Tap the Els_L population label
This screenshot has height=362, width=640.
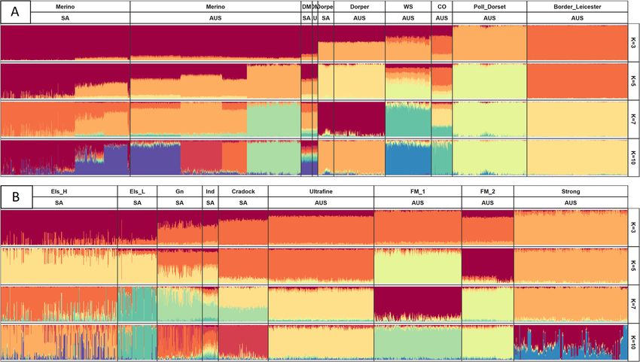pyautogui.click(x=137, y=192)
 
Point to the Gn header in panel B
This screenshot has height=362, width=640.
pyautogui.click(x=179, y=192)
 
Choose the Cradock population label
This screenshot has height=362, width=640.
pyautogui.click(x=242, y=192)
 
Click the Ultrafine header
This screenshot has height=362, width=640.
pyautogui.click(x=320, y=192)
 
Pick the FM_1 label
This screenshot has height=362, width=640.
pyautogui.click(x=417, y=192)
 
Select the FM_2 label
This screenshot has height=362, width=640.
pyautogui.click(x=487, y=192)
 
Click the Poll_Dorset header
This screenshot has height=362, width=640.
pyautogui.click(x=489, y=6)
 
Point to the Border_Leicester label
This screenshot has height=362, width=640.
pyautogui.click(x=578, y=6)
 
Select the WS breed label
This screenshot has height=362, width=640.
pyautogui.click(x=407, y=6)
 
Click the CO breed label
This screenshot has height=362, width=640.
pyautogui.click(x=441, y=6)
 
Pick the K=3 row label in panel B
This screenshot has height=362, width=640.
pyautogui.click(x=634, y=227)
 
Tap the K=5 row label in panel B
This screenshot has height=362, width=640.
pyautogui.click(x=634, y=266)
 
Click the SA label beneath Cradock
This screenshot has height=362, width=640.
pyautogui.click(x=242, y=202)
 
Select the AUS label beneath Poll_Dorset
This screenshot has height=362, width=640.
pyautogui.click(x=489, y=17)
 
